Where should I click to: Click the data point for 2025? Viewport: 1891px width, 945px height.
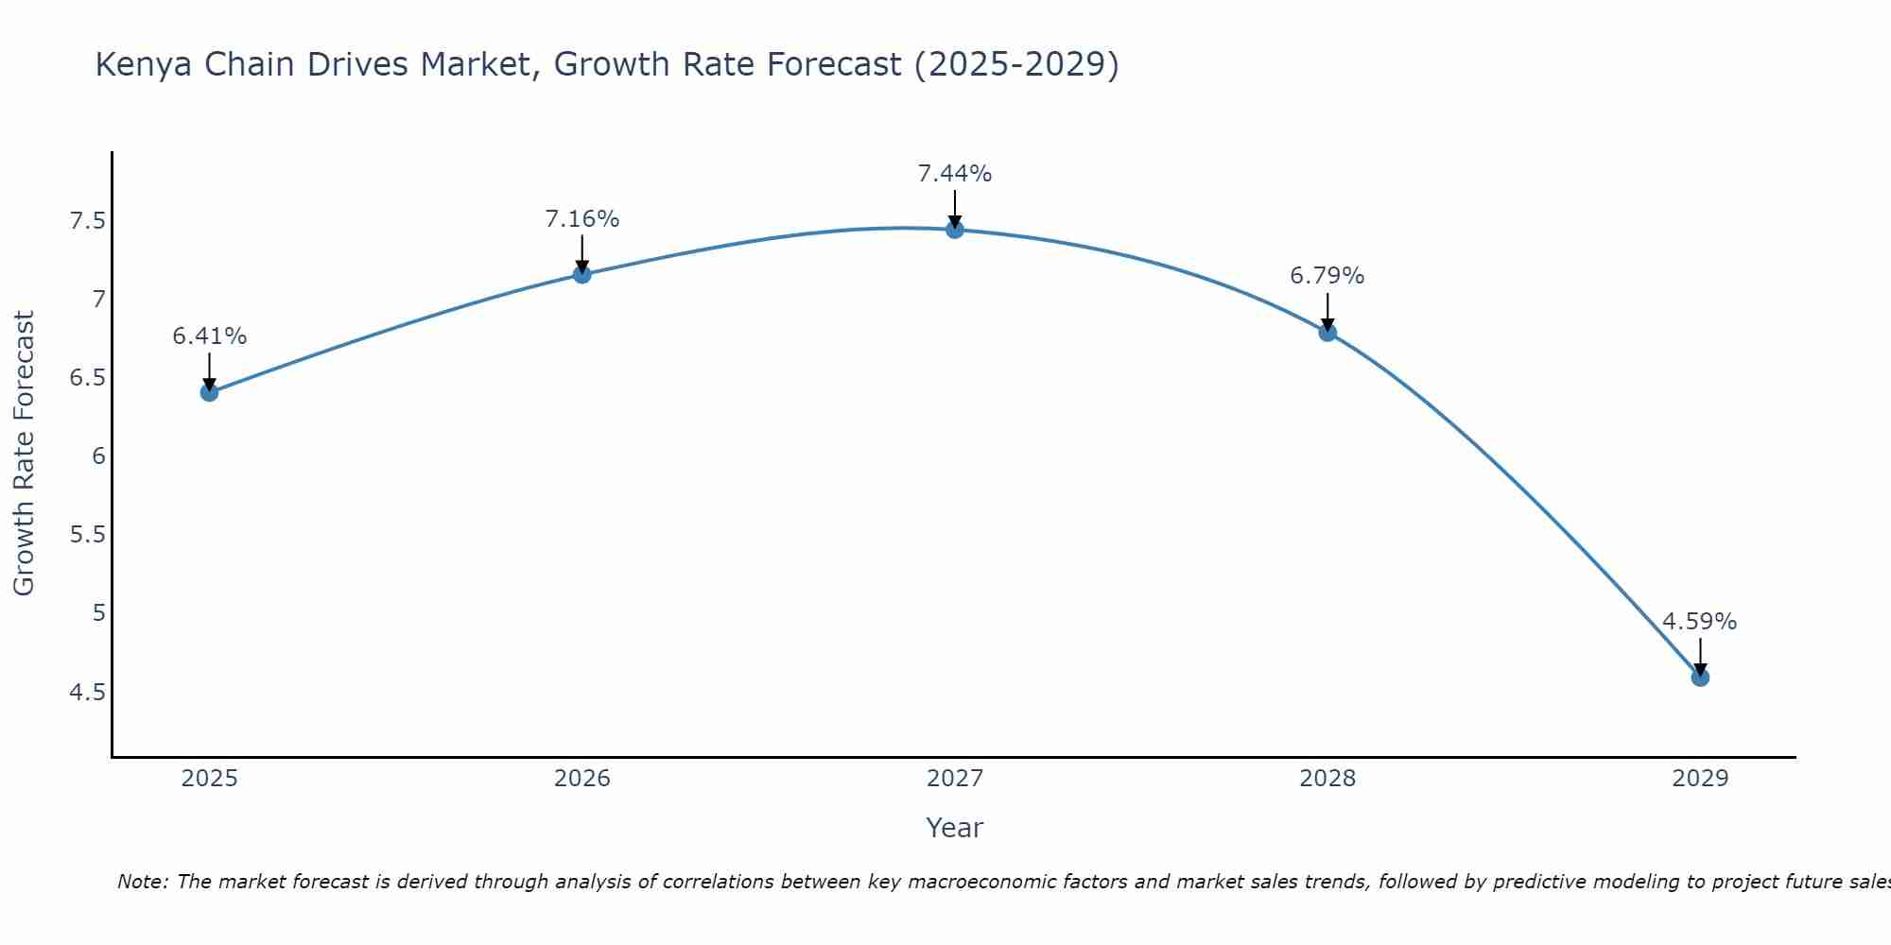point(209,392)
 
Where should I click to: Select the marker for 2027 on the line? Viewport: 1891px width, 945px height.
point(955,230)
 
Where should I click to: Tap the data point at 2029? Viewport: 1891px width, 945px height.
point(1700,678)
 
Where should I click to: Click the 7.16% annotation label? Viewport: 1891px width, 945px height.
point(582,219)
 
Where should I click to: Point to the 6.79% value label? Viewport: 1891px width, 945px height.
point(1327,276)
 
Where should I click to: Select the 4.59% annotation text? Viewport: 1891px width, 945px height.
point(1700,622)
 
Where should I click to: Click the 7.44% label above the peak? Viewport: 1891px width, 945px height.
point(955,174)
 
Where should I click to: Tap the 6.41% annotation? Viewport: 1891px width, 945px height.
point(209,336)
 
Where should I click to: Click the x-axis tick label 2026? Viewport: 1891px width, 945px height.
point(582,779)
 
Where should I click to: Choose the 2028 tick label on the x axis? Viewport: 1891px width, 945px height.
point(1327,779)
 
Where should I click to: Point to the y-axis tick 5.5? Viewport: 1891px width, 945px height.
point(87,535)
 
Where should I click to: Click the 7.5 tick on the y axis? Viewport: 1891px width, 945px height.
point(87,221)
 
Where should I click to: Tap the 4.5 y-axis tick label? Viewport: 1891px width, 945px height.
point(87,693)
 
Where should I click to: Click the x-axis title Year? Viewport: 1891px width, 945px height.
point(955,828)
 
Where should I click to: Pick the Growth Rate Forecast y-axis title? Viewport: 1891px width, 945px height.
point(24,454)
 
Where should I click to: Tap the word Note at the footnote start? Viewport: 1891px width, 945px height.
point(142,882)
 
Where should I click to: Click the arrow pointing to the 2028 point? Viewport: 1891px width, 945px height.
point(1327,312)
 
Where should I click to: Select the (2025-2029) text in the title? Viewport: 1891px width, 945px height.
point(1016,65)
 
